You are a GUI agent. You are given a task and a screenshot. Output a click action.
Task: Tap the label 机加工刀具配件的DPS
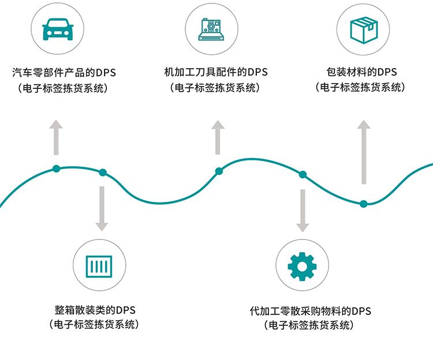pyautogui.click(x=216, y=73)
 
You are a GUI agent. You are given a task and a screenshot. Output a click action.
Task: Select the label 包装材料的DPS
pyautogui.click(x=361, y=73)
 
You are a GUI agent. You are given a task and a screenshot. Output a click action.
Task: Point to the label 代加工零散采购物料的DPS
pyautogui.click(x=311, y=312)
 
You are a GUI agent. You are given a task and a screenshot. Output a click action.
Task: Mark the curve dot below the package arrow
pyautogui.click(x=363, y=204)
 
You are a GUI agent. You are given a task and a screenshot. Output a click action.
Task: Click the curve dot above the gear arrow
pyautogui.click(x=302, y=175)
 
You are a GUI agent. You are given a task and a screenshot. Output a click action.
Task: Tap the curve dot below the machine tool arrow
pyautogui.click(x=218, y=171)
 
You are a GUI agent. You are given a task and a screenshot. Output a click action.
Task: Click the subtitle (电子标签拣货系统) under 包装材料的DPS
pyautogui.click(x=361, y=88)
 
